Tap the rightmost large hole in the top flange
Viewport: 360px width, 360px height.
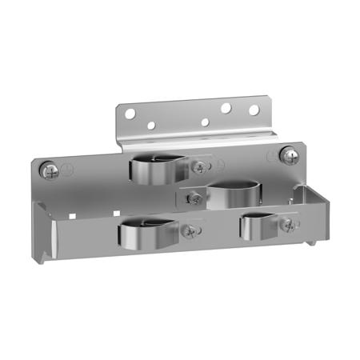[x=253, y=110]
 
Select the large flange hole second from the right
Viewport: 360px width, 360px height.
[x=226, y=106]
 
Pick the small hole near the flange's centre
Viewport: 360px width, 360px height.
[x=205, y=122]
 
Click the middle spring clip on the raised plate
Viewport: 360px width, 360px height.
[x=232, y=194]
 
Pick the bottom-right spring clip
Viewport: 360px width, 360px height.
[x=264, y=225]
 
